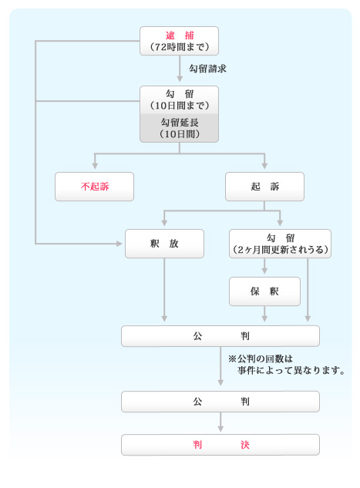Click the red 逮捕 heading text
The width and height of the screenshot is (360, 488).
coord(180,35)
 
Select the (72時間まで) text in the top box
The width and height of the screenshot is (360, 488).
coord(179,47)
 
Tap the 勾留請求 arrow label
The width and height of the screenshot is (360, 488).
coord(207,69)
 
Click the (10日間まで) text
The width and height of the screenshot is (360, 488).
coord(179,106)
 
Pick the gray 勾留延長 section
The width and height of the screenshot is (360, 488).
coord(179,128)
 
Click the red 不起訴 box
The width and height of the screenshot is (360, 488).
coord(94,187)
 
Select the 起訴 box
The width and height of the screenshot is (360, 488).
coord(264,187)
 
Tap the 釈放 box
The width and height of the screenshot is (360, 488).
coord(165,244)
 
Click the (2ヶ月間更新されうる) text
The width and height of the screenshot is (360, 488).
coord(280,250)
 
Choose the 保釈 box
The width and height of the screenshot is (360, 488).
coord(264,291)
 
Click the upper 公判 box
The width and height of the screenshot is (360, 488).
coord(220,336)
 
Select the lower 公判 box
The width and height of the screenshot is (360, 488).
coord(220,402)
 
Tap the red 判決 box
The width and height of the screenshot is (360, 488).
coord(220,445)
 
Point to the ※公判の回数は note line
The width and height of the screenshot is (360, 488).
coord(261,358)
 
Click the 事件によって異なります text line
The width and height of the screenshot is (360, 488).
coord(291,370)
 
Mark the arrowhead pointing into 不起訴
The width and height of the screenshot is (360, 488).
coord(95,166)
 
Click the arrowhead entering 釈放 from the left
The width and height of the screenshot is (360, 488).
coord(119,244)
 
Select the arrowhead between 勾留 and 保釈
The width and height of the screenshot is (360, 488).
coord(264,271)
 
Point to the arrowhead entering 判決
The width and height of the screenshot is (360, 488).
coord(220,428)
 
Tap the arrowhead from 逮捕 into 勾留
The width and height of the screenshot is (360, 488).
coord(180,79)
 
